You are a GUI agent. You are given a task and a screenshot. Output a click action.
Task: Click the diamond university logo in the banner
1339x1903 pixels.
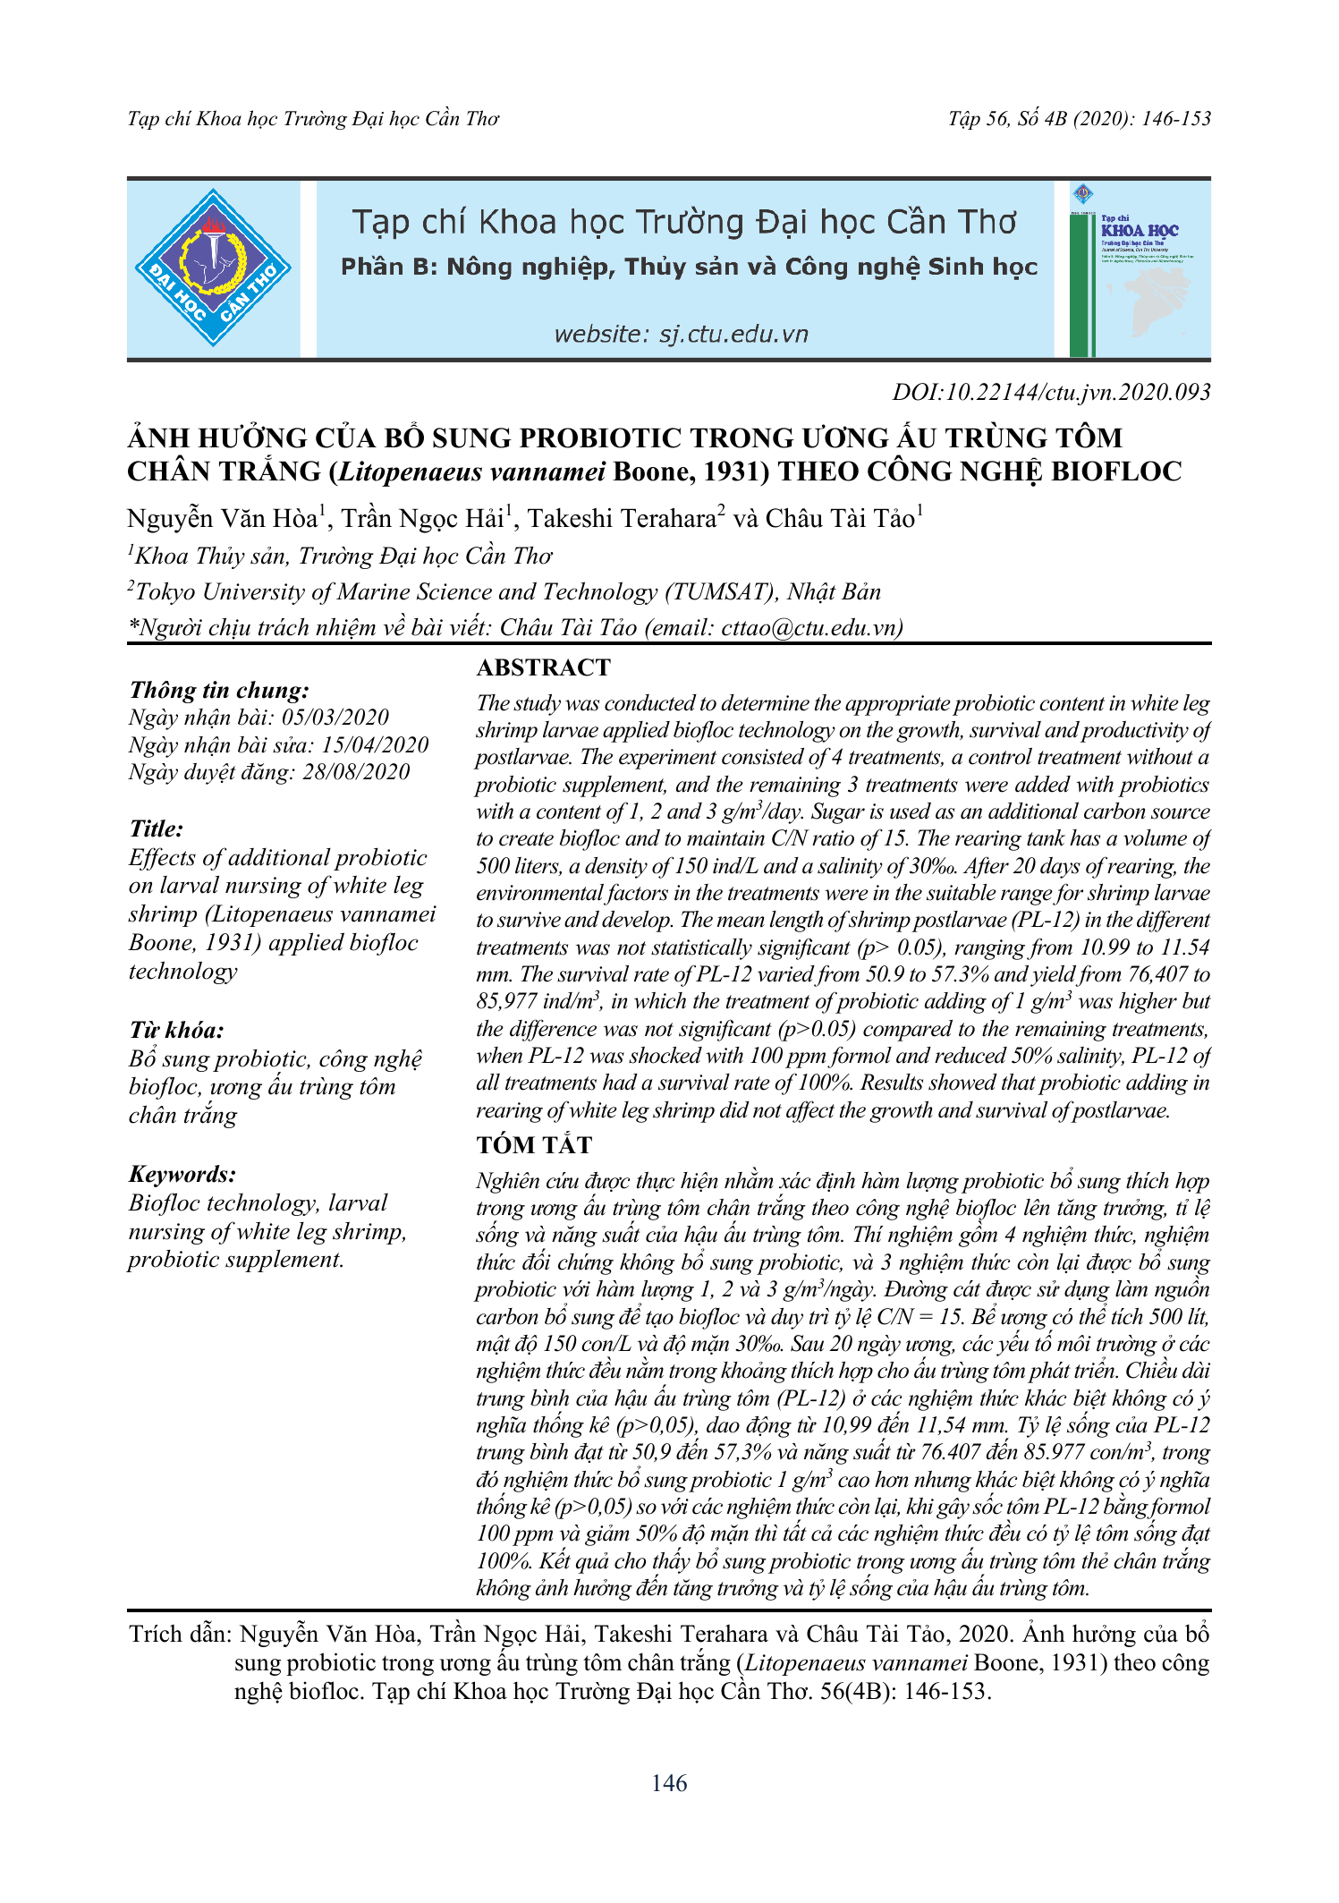[x=213, y=268]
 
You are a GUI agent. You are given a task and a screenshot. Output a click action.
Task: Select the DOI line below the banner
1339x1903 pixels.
[x=1051, y=392]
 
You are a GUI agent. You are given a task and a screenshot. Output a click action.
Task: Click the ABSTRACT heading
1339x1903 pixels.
[x=543, y=667]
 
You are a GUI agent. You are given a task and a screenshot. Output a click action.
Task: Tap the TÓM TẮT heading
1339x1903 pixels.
[x=534, y=1145]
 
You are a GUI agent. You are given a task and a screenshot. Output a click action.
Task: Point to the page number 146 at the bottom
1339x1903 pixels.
[x=669, y=1783]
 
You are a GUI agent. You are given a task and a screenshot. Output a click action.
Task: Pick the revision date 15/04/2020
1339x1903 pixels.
[x=375, y=745]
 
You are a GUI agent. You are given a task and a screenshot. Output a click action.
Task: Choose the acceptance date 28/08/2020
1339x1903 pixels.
[x=355, y=772]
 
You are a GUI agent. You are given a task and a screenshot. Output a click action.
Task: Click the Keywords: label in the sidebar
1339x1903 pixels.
[x=182, y=1174]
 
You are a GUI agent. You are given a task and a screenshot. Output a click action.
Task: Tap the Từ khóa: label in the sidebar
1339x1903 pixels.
[x=176, y=1030]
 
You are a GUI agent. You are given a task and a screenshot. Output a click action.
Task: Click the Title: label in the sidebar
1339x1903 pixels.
[x=157, y=828]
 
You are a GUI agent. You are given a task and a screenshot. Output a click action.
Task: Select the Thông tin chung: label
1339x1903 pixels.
[x=219, y=690]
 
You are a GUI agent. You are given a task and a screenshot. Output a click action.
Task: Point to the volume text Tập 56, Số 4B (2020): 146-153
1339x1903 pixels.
[x=1079, y=119]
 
